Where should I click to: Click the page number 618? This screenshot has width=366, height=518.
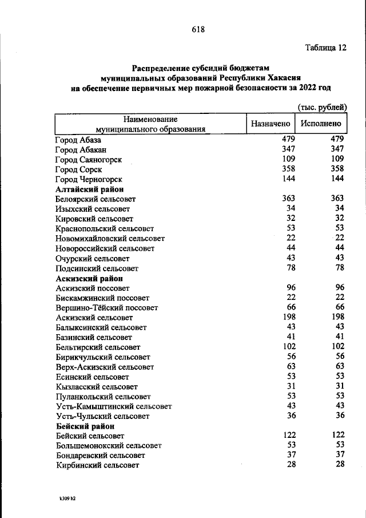coord(197,29)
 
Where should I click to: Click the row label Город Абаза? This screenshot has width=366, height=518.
coord(78,140)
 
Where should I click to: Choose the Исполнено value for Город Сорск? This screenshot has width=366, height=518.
coord(337,169)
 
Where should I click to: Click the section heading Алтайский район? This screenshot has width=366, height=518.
coord(90,189)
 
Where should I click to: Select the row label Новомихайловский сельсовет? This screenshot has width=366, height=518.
coord(110,238)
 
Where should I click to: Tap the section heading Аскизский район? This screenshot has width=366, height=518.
coord(90,278)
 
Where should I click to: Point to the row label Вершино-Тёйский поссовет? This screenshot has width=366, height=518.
coord(102,307)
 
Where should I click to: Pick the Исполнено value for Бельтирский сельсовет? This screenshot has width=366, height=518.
coord(337,347)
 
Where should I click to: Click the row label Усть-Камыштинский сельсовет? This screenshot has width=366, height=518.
coord(114,406)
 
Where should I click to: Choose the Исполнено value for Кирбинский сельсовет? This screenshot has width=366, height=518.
coord(340,465)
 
